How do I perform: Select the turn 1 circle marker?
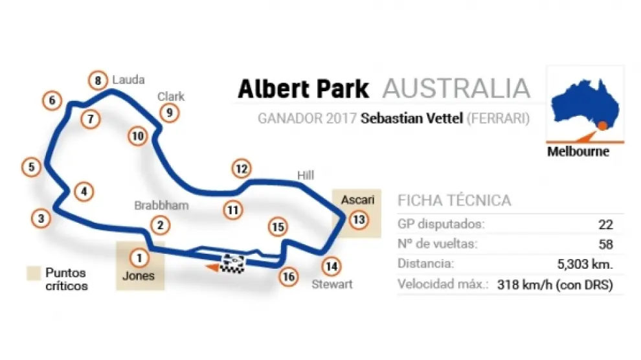[x=138, y=257]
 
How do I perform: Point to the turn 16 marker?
[x=289, y=276]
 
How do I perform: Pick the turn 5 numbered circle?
[x=30, y=166]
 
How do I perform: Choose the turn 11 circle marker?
[x=233, y=209]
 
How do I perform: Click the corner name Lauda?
[x=128, y=80]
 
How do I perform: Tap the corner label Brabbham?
[x=161, y=205]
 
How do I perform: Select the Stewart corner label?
[x=332, y=284]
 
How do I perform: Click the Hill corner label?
[x=305, y=175]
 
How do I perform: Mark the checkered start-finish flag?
[x=232, y=262]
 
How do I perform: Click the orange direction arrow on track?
[x=210, y=266]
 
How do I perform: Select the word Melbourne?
[x=578, y=152]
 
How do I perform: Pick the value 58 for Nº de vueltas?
[x=605, y=244]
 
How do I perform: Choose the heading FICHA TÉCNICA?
[x=454, y=199]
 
